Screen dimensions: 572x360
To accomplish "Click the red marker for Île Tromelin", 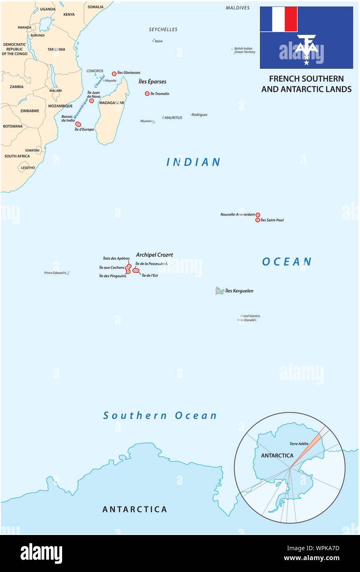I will coord(147,93).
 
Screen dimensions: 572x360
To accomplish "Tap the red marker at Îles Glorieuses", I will coord(114,74).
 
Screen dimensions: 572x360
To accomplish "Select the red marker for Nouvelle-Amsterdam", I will coord(258,215).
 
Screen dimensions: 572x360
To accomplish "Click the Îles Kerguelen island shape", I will coord(220,291).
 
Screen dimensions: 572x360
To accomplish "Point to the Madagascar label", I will coord(111,103).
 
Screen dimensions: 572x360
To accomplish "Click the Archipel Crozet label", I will coord(154,255).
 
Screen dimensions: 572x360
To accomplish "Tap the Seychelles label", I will coord(163,30).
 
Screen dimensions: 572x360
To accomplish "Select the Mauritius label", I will coord(173,118).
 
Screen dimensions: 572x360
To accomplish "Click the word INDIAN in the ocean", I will coord(193,162).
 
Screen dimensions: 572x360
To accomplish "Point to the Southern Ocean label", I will coord(160,416).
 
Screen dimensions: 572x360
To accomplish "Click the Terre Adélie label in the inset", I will coord(299,444).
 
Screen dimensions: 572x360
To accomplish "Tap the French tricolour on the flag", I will coord(279,19).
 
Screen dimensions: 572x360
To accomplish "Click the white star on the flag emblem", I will coord(306,63).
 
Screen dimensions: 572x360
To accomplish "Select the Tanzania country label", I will coord(56,49).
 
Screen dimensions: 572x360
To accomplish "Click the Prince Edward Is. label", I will coord(55,273).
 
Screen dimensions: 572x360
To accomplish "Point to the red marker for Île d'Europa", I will coord(78,124).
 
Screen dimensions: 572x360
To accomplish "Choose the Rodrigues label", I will coord(200,115).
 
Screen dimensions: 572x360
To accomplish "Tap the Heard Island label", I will coord(250,316).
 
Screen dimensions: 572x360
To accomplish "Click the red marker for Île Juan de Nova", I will coord(91,101).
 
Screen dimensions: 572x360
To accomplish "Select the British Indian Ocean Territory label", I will coord(244,50).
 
